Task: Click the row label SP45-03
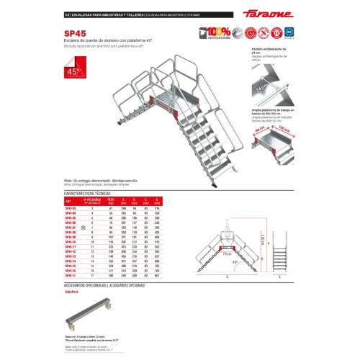pos(71,209)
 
